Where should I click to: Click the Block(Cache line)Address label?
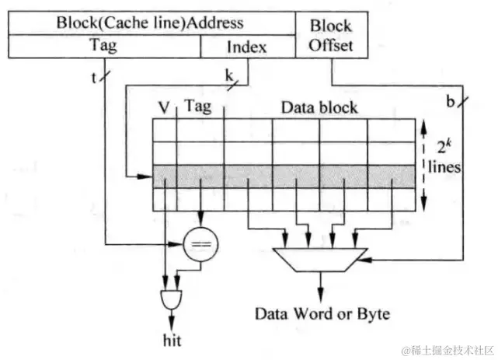point(149,22)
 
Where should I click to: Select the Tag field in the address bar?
point(103,46)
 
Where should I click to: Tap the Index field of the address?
point(247,47)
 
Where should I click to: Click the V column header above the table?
point(165,107)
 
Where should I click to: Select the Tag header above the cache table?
point(199,107)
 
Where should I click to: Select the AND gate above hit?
point(170,299)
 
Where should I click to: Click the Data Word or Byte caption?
point(322,315)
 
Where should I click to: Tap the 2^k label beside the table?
point(443,146)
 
